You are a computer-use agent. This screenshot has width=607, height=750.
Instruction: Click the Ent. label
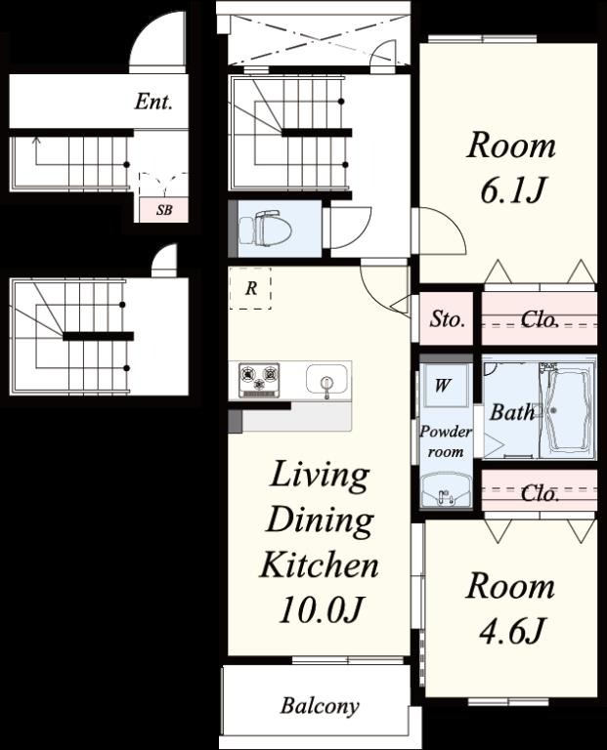coord(153,102)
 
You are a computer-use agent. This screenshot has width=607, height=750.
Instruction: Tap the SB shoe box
coord(163,210)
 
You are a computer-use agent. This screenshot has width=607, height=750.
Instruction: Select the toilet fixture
coord(266,229)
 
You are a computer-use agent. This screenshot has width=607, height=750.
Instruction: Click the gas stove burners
coord(259,380)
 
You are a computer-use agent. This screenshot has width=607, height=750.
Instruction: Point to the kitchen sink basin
coord(326,380)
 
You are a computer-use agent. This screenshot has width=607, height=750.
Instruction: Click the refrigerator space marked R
coord(250,288)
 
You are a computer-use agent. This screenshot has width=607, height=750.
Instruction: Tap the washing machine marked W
coord(444,385)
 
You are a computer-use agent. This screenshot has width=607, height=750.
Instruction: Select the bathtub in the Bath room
coord(567,409)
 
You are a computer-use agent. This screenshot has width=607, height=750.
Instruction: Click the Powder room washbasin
coord(446,490)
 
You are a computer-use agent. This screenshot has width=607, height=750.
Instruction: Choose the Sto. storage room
coord(446,318)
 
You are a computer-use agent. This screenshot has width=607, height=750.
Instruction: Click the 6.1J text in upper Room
coord(511,189)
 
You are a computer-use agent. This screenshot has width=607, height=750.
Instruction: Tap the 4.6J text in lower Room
coord(511,631)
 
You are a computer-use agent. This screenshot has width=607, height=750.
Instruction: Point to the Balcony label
coord(320,705)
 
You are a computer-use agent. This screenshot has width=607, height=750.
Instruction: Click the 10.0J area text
coord(320,609)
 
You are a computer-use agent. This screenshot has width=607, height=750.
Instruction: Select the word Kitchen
coord(320,564)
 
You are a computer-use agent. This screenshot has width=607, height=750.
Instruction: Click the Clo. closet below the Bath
coord(539,492)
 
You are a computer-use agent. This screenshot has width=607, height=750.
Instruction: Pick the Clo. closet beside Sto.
coord(539,318)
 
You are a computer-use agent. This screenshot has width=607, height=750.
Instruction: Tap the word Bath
coord(512,411)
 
